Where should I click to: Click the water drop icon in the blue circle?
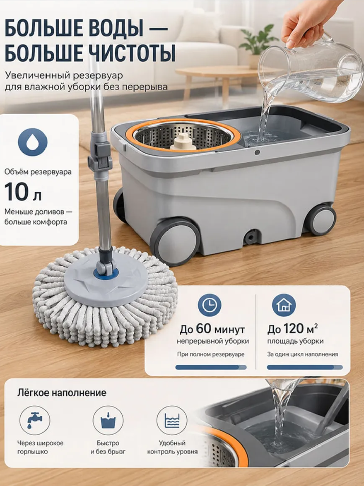click(32, 142)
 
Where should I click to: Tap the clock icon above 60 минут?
click(209, 305)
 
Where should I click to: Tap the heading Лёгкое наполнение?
click(62, 393)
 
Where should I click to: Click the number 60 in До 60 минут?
click(204, 329)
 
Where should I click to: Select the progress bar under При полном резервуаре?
click(211, 367)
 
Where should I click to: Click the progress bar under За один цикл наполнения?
click(305, 367)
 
